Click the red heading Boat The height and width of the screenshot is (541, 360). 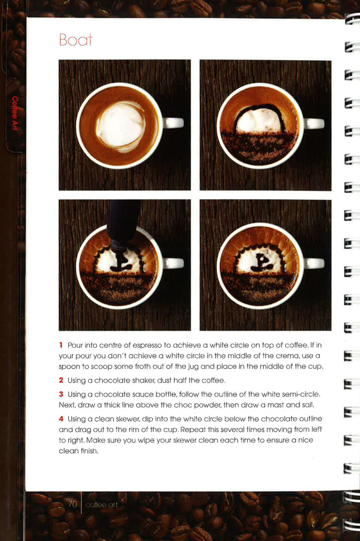point(76,40)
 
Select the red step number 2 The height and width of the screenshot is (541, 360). point(61,380)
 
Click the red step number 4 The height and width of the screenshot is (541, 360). point(61,418)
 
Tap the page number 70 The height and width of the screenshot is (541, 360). point(71,504)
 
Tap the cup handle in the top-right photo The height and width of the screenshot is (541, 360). point(314,123)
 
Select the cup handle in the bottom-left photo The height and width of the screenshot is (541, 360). point(173,263)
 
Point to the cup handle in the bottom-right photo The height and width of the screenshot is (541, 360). point(314,263)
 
